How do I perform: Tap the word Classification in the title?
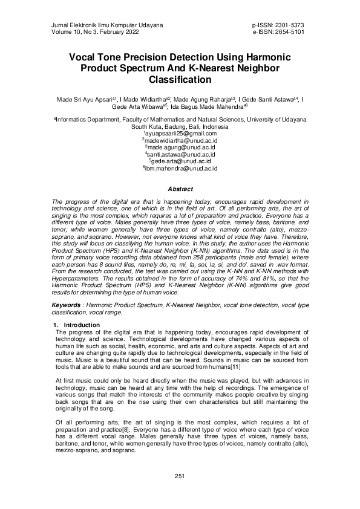click(180, 79)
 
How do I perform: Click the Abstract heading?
click(180, 189)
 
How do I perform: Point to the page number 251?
click(179, 476)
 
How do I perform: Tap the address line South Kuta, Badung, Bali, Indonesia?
click(180, 127)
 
